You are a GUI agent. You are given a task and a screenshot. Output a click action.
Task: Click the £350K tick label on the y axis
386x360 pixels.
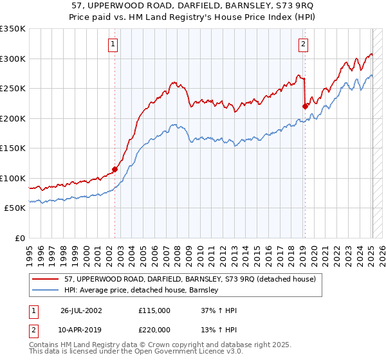13,29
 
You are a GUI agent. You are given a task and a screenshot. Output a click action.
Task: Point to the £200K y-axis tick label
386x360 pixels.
13,118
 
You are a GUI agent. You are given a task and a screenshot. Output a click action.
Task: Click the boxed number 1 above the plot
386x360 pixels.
113,44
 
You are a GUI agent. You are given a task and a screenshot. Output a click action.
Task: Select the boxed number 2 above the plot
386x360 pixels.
302,44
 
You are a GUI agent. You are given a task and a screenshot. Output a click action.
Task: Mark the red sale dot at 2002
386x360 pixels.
115,170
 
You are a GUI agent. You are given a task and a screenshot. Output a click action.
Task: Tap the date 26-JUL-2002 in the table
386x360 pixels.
81,310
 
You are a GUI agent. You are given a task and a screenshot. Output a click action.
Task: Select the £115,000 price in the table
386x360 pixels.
154,310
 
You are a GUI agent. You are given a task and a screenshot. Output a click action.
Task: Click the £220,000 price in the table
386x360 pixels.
154,329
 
